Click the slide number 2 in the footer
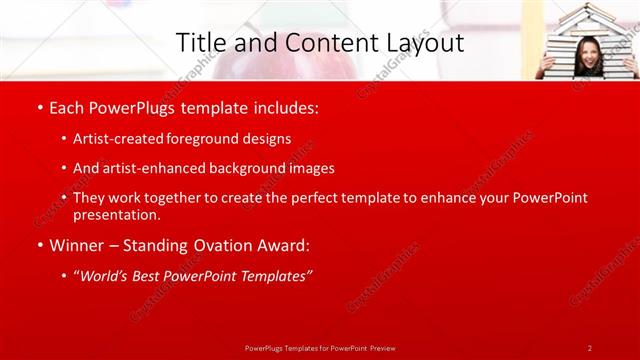click(589, 347)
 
